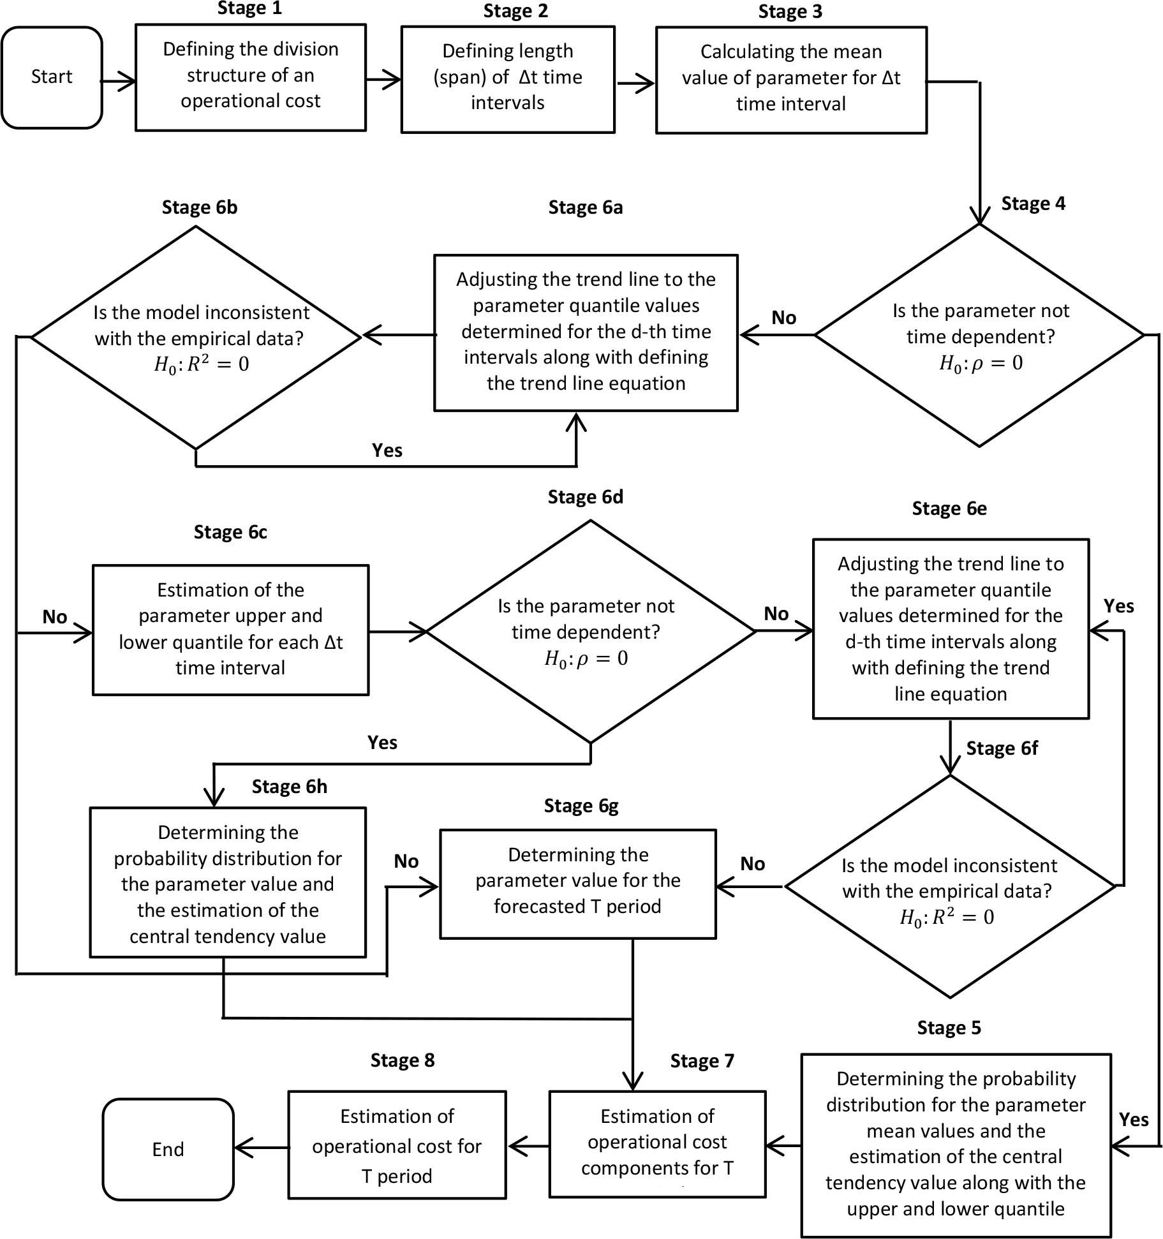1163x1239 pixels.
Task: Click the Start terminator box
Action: [x=52, y=77]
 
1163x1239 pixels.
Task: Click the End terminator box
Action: [x=168, y=1149]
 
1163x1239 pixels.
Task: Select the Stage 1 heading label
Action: [x=249, y=8]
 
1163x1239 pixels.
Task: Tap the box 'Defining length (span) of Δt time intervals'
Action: [x=508, y=79]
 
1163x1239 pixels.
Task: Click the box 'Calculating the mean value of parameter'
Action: [x=791, y=80]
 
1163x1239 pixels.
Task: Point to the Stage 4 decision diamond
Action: [x=979, y=336]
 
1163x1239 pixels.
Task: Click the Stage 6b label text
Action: [x=200, y=207]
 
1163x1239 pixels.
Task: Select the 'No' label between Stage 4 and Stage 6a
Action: [x=783, y=318]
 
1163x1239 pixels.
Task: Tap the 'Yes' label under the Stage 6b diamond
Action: [x=387, y=450]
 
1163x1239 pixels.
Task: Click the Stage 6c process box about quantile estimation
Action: [x=230, y=629]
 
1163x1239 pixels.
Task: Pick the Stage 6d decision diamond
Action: [x=590, y=632]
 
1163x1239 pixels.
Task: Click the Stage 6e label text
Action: [x=949, y=508]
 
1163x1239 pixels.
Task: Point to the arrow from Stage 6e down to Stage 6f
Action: [x=951, y=746]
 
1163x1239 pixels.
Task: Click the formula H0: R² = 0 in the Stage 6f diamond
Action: [x=947, y=917]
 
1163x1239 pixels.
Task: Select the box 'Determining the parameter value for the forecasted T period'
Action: [x=578, y=883]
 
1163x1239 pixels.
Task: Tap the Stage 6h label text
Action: [x=289, y=787]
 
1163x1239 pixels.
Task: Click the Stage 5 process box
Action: [x=956, y=1145]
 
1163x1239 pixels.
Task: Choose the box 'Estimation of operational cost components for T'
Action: [x=657, y=1143]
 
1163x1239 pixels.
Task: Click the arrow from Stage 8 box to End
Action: [x=262, y=1148]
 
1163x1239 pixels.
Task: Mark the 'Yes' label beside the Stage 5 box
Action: [x=1134, y=1120]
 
